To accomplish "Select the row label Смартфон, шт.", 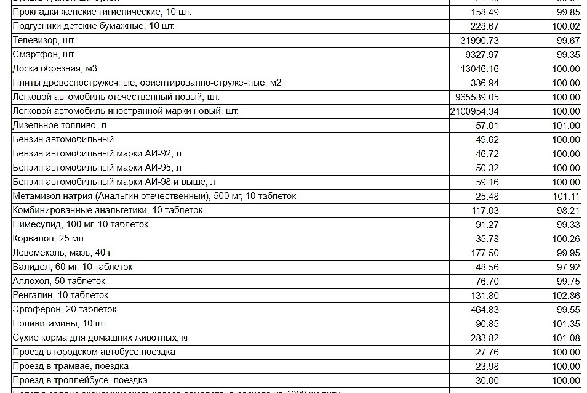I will pos(44,55).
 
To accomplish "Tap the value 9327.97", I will pos(479,55).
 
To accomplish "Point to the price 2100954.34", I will pos(474,111).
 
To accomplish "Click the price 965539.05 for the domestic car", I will pos(477,97).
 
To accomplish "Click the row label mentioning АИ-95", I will pos(97,168).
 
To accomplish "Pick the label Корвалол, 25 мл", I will pos(48,238).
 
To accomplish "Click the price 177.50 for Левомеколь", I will pos(485,253).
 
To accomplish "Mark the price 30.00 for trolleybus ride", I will pos(487,381).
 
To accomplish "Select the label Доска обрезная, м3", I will pos(55,69).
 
